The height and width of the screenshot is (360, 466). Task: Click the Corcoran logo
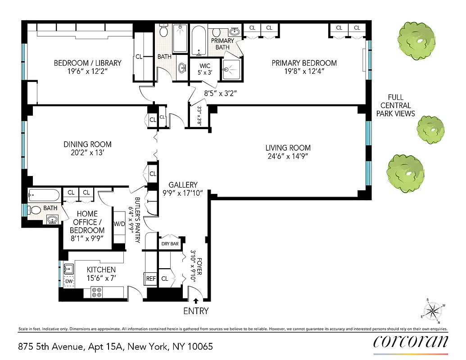coord(411,342)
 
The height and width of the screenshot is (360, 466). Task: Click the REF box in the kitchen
coord(151,279)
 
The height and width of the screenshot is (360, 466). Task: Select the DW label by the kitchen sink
coord(69,281)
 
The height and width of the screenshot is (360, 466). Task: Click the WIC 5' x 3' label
coord(205,70)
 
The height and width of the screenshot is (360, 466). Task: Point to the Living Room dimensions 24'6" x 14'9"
coord(288,157)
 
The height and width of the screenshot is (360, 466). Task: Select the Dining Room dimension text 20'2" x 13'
coord(87,153)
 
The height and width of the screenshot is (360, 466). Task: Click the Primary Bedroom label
coord(304,63)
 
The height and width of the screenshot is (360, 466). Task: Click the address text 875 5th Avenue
coord(62,346)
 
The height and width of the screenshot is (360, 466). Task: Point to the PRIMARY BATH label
coord(222,44)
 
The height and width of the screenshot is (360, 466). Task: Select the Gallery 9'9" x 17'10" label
coord(183,189)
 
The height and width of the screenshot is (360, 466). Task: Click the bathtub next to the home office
coord(43,195)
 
